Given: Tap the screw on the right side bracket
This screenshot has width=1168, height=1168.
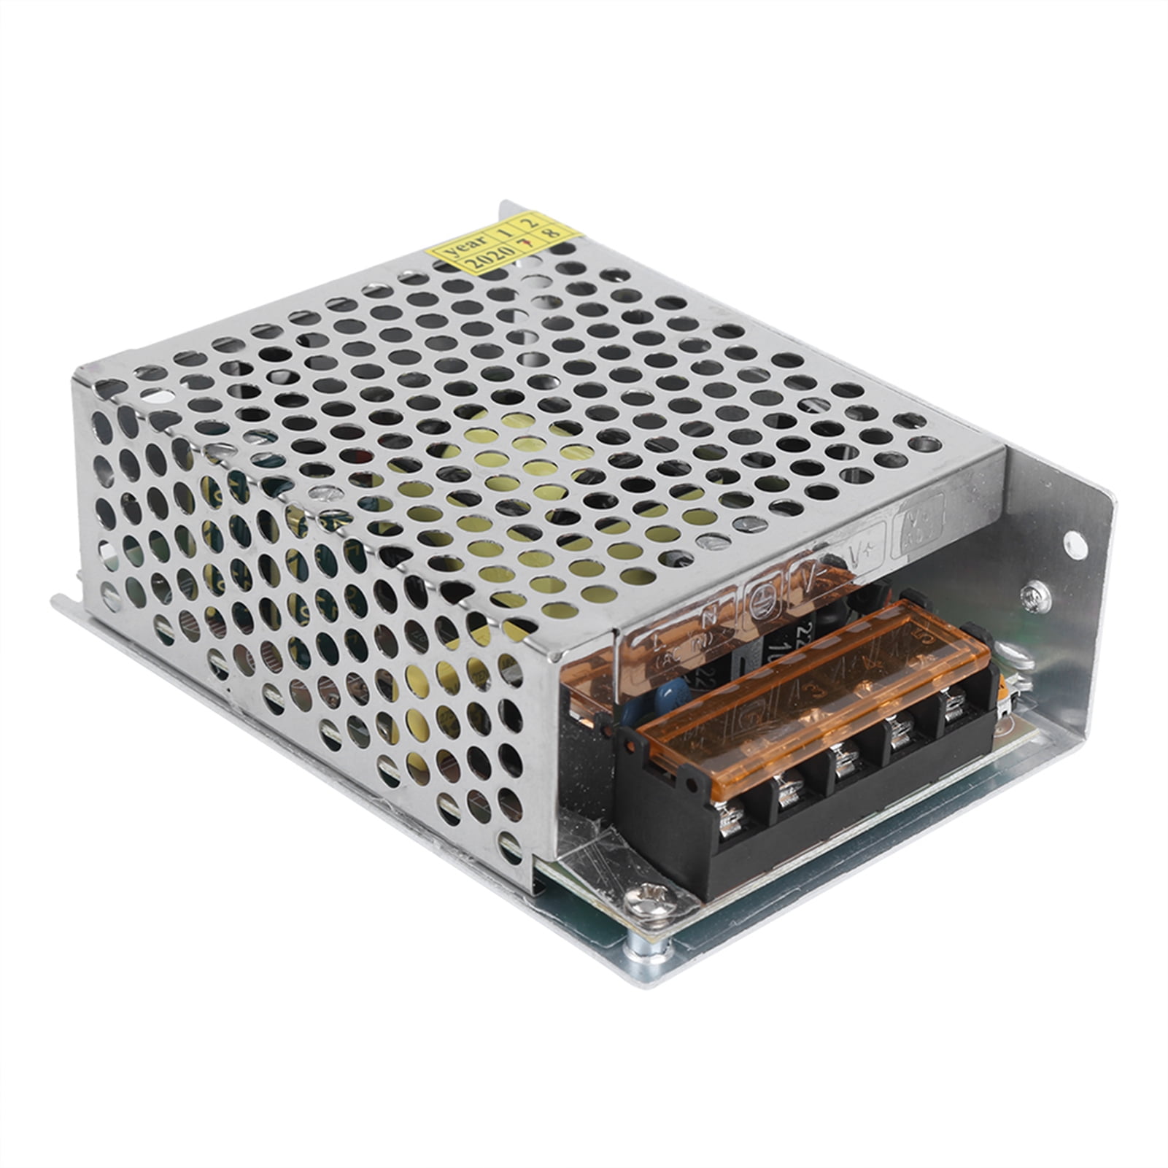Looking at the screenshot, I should pyautogui.click(x=1036, y=597).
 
